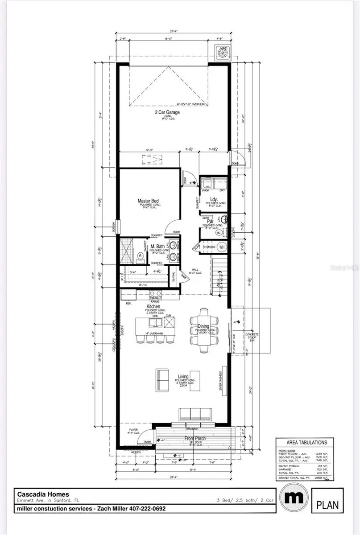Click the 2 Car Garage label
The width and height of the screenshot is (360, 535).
tap(167, 112)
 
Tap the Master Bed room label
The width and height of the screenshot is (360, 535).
tap(148, 201)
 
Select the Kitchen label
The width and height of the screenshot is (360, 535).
tap(153, 307)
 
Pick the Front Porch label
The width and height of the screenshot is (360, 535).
tap(195, 438)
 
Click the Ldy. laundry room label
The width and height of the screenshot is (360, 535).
tap(213, 199)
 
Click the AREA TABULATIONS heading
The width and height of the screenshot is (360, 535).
tap(304, 442)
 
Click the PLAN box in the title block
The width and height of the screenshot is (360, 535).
tap(327, 505)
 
